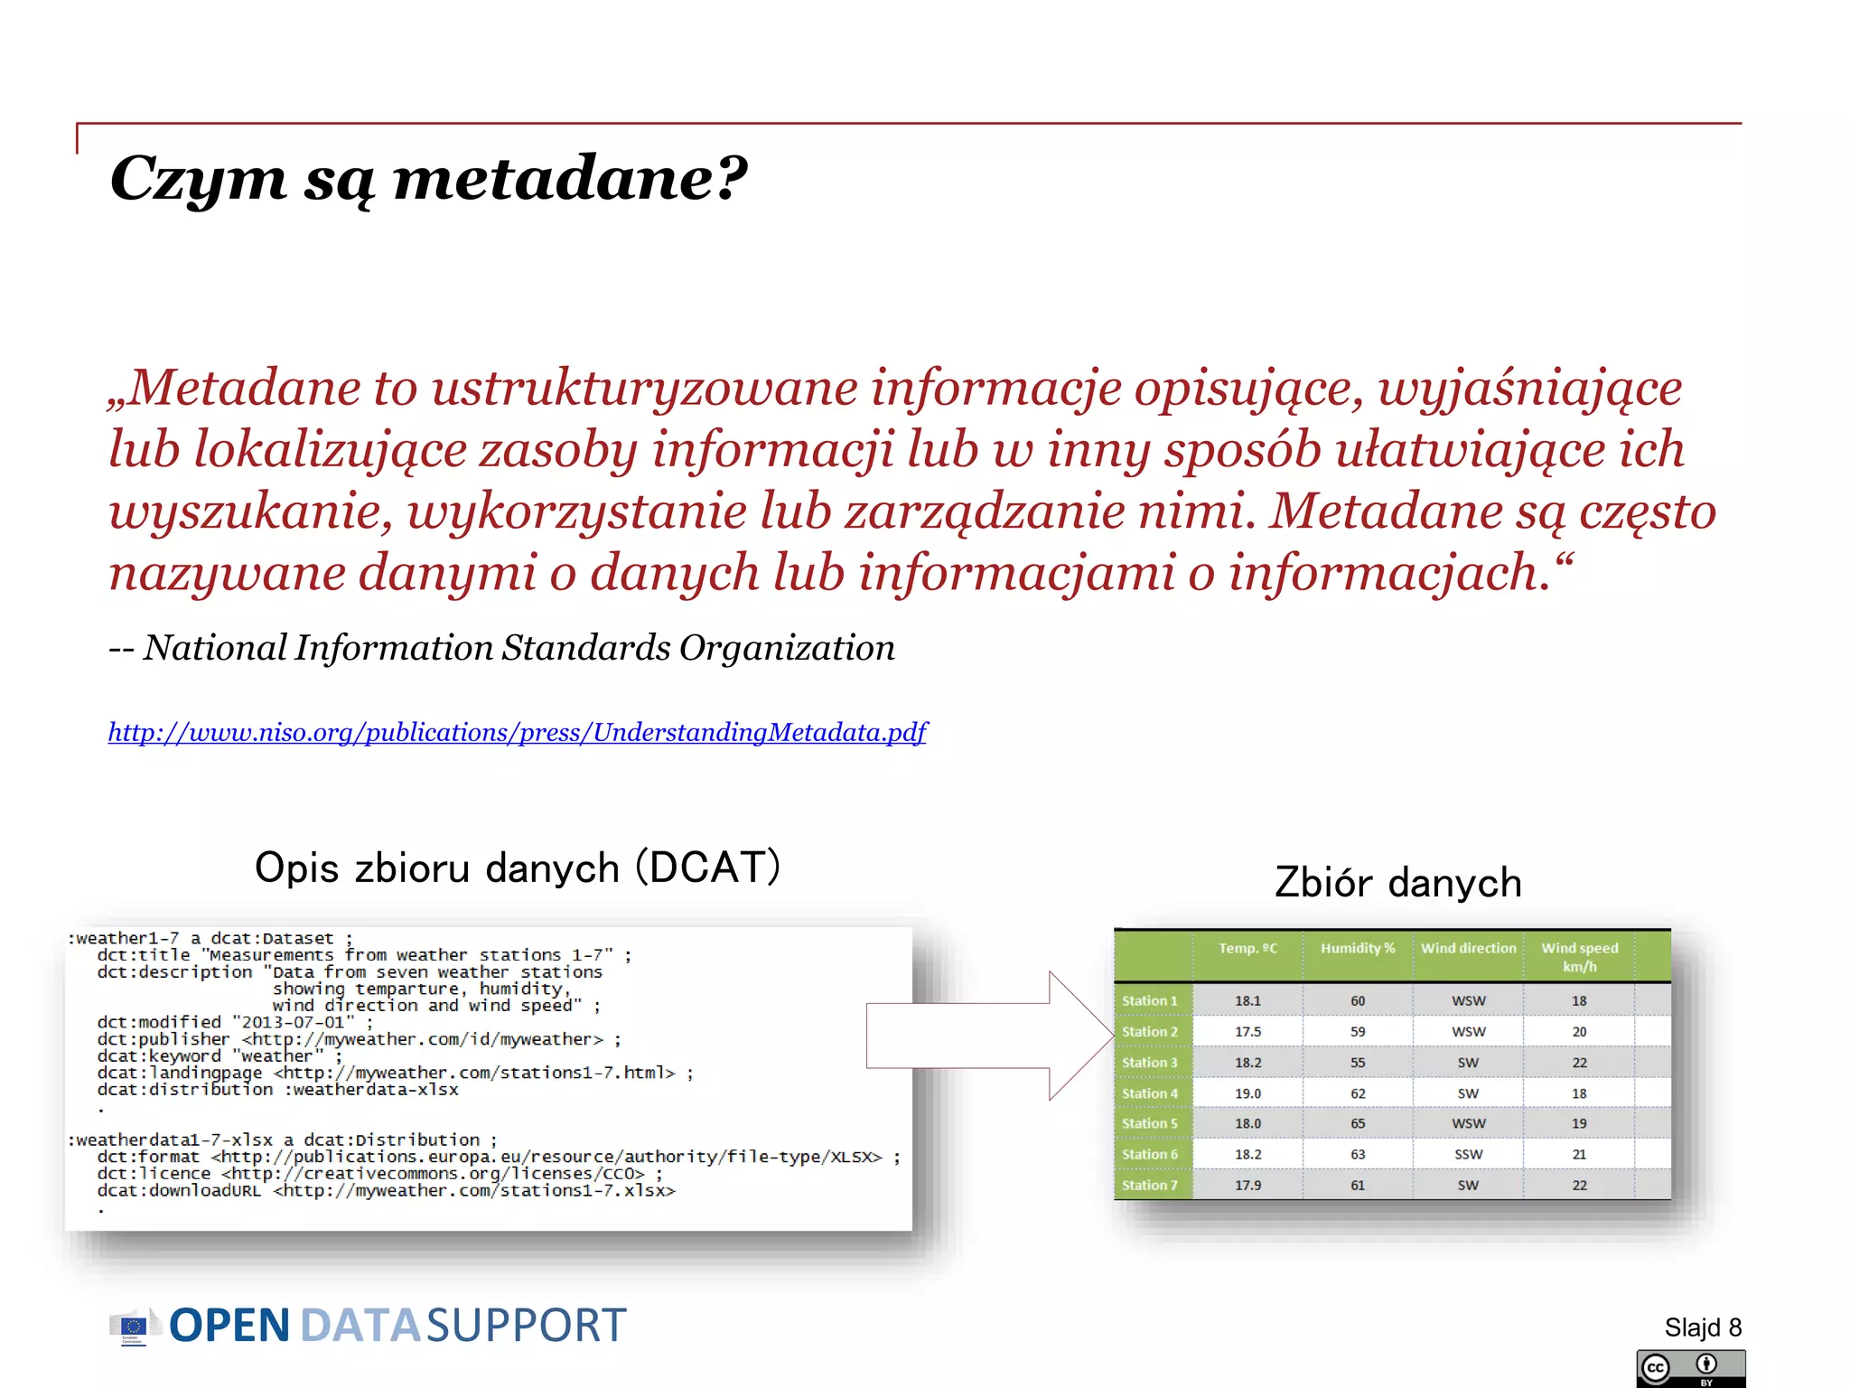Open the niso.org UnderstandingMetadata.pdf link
pos(517,732)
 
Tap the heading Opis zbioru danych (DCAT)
pos(517,867)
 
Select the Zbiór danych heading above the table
pos(1397,883)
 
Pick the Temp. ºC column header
pos(1247,948)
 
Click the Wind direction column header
pos(1468,948)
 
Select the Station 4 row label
pos(1149,1093)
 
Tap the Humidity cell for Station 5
pos(1358,1123)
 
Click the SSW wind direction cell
pos(1468,1154)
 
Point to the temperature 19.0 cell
pos(1247,1093)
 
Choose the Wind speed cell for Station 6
pos(1578,1154)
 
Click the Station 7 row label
pos(1149,1185)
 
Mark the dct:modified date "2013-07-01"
pos(293,1022)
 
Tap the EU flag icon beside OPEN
pos(133,1326)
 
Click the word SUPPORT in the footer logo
pos(526,1326)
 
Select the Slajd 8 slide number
pos(1702,1327)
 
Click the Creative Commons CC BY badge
pos(1689,1368)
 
